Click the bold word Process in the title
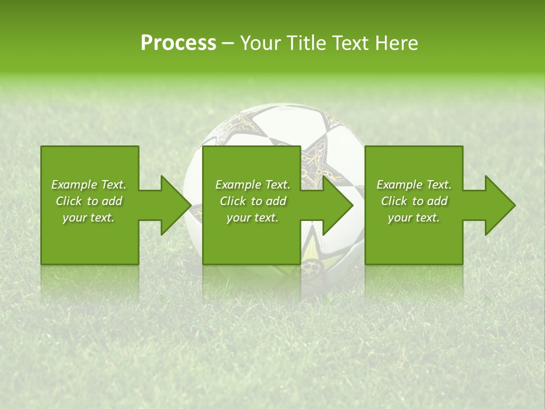pyautogui.click(x=178, y=43)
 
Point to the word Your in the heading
pyautogui.click(x=261, y=43)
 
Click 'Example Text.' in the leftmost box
pyautogui.click(x=89, y=185)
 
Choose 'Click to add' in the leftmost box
pyautogui.click(x=89, y=201)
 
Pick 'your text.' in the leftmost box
pyautogui.click(x=89, y=218)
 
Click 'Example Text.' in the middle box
pyautogui.click(x=253, y=185)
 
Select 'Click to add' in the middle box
pyautogui.click(x=253, y=201)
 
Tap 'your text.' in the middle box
pyautogui.click(x=253, y=218)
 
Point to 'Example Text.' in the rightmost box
pyautogui.click(x=414, y=185)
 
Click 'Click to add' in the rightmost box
pyautogui.click(x=414, y=201)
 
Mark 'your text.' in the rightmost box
pyautogui.click(x=414, y=218)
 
